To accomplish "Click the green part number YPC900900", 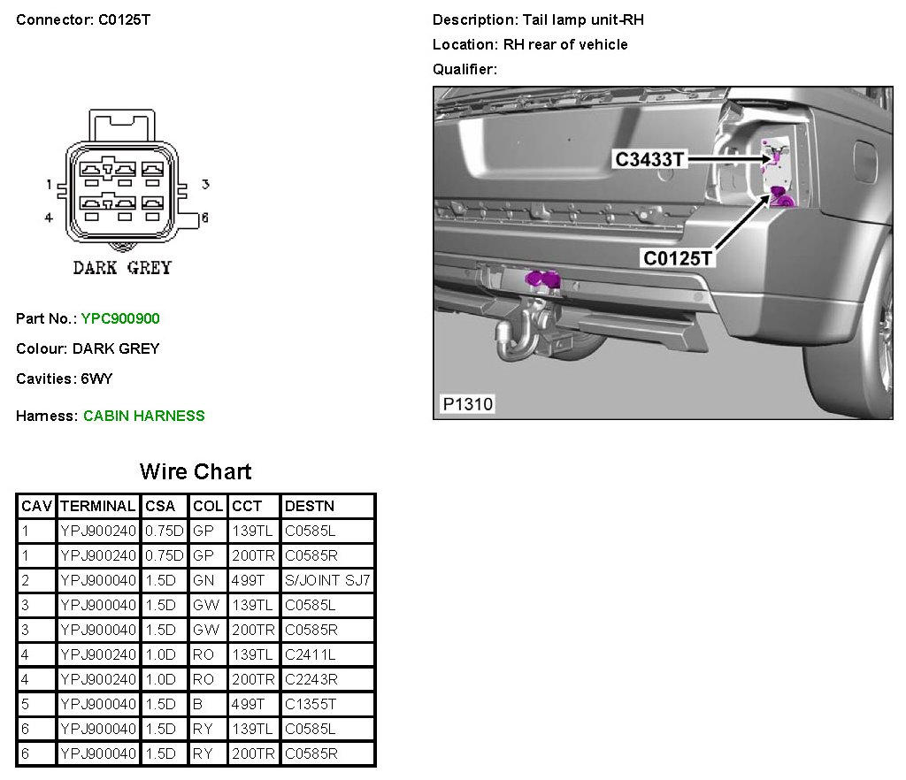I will point(120,318).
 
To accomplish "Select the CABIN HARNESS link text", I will point(143,416).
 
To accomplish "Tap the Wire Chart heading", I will point(196,471).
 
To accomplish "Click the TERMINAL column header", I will point(97,507).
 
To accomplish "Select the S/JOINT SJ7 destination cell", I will point(327,581).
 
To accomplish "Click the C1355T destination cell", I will point(310,705).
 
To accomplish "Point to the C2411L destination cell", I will point(310,655).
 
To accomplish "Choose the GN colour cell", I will point(203,581).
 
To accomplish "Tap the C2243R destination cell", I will point(311,680).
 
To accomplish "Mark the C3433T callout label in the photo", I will point(650,159).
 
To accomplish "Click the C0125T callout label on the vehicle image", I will point(678,258).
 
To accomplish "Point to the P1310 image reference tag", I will point(468,405).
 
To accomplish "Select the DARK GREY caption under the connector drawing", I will point(122,268).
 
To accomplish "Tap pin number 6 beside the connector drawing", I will point(203,218).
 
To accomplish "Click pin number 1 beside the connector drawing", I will point(50,185).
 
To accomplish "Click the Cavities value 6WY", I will point(96,379).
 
